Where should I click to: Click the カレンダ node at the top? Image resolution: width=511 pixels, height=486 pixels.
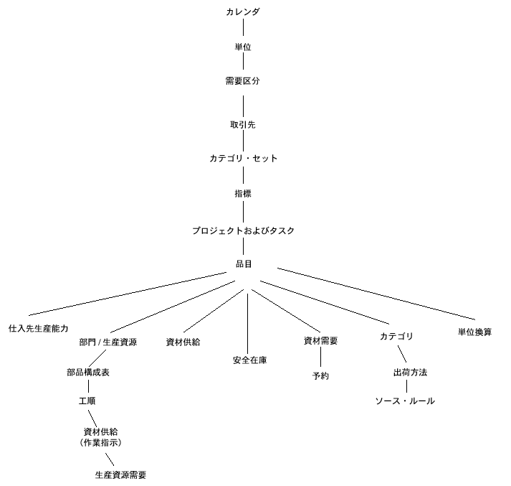pyautogui.click(x=242, y=12)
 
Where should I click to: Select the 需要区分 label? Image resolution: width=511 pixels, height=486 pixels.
pyautogui.click(x=242, y=81)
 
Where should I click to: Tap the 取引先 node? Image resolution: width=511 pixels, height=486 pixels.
pyautogui.click(x=242, y=124)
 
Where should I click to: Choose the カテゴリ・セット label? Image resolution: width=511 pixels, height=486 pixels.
pyautogui.click(x=242, y=158)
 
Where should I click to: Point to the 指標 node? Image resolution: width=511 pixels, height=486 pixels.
pyautogui.click(x=242, y=193)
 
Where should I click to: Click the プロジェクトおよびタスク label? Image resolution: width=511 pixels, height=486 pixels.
pyautogui.click(x=242, y=230)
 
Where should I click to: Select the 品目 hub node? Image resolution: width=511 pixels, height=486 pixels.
pyautogui.click(x=244, y=264)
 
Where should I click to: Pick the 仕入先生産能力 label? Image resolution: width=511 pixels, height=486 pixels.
pyautogui.click(x=38, y=327)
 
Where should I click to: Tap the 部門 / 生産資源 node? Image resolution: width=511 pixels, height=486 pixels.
pyautogui.click(x=108, y=342)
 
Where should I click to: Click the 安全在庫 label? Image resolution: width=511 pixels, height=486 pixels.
pyautogui.click(x=250, y=360)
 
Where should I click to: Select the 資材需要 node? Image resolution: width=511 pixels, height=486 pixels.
pyautogui.click(x=320, y=341)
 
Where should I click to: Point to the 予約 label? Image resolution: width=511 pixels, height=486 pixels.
pyautogui.click(x=320, y=375)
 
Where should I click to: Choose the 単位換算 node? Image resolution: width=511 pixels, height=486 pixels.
pyautogui.click(x=474, y=332)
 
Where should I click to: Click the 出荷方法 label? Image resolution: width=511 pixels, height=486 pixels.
pyautogui.click(x=410, y=373)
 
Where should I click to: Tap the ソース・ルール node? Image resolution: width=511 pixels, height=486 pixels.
pyautogui.click(x=405, y=401)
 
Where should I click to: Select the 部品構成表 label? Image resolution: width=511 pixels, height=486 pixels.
pyautogui.click(x=88, y=373)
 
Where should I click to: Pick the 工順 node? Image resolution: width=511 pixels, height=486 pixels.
pyautogui.click(x=87, y=401)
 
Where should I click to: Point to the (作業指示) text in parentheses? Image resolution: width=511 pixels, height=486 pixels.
pyautogui.click(x=101, y=442)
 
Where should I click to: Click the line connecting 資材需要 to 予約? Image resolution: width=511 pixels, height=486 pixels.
pyautogui.click(x=320, y=358)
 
